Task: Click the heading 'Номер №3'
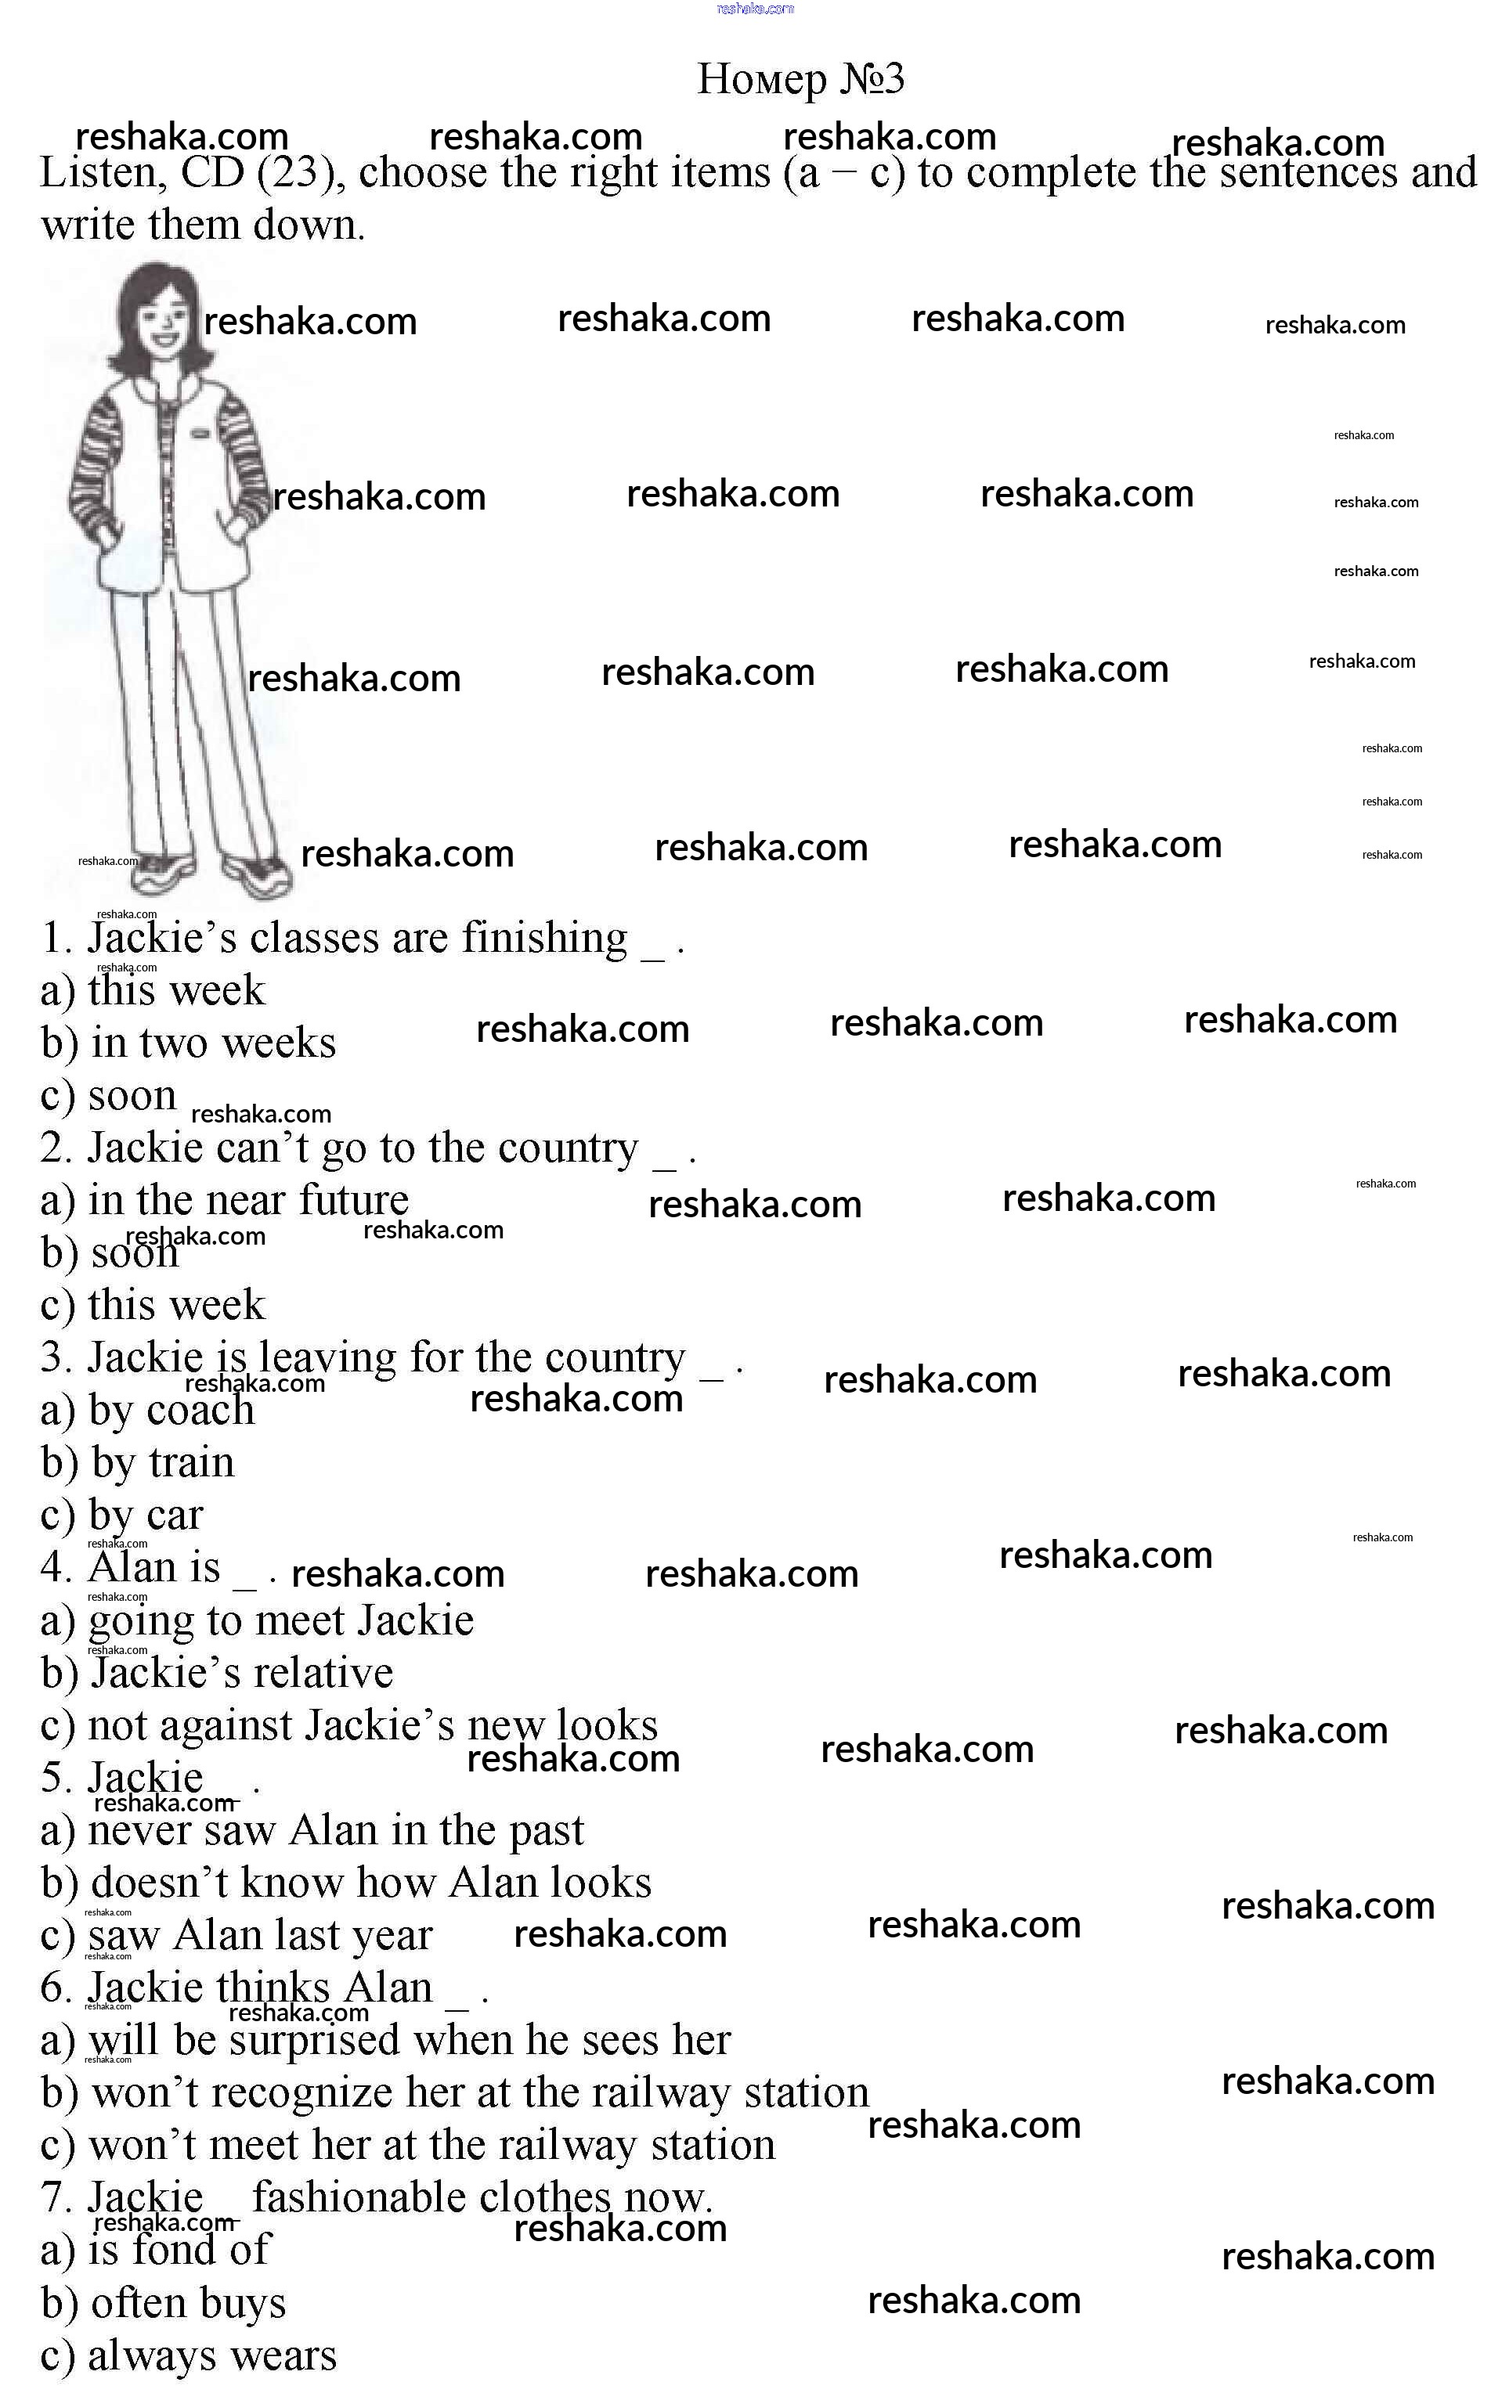click(800, 80)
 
